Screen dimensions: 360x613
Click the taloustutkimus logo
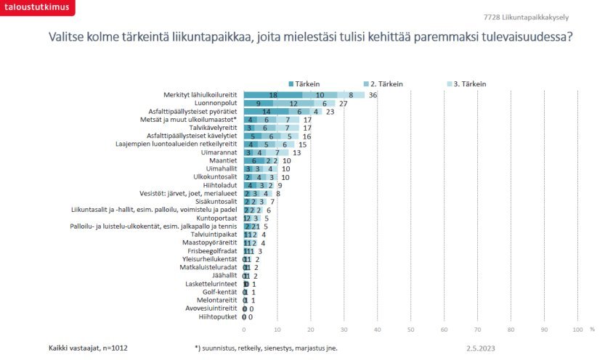pyautogui.click(x=36, y=9)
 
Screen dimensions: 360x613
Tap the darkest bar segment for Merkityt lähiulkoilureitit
pyautogui.click(x=273, y=95)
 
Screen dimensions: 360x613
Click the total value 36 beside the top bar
pyautogui.click(x=373, y=95)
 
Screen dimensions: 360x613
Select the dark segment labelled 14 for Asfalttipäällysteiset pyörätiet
pyautogui.click(x=267, y=112)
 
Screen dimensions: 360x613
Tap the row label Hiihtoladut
pyautogui.click(x=222, y=185)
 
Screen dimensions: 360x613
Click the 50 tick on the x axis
pyautogui.click(x=411, y=330)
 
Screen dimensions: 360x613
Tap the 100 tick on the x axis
pyautogui.click(x=578, y=330)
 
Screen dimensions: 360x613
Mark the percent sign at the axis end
pyautogui.click(x=592, y=330)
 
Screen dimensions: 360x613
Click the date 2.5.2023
pyautogui.click(x=481, y=348)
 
